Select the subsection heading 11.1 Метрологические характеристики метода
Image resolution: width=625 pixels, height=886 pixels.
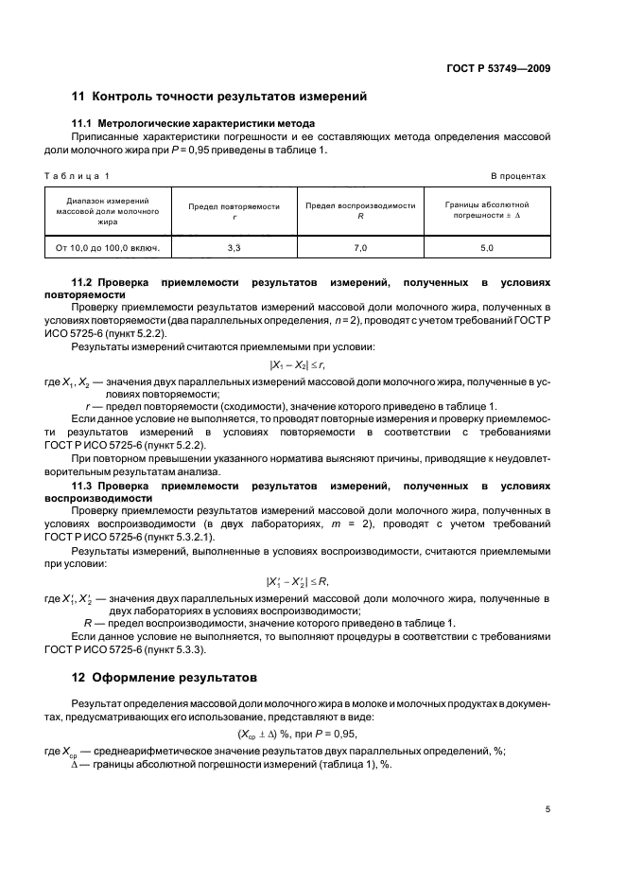point(194,124)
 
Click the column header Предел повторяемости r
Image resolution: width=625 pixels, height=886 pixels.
point(234,210)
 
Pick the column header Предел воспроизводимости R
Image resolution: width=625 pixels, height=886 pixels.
point(361,210)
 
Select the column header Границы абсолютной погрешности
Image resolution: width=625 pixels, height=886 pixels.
point(487,210)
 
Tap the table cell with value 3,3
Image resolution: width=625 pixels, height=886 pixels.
point(234,248)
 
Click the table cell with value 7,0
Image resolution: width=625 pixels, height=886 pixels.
point(361,248)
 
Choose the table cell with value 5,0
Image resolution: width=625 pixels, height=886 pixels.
point(487,248)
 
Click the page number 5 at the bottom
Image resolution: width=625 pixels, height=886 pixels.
point(547,809)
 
